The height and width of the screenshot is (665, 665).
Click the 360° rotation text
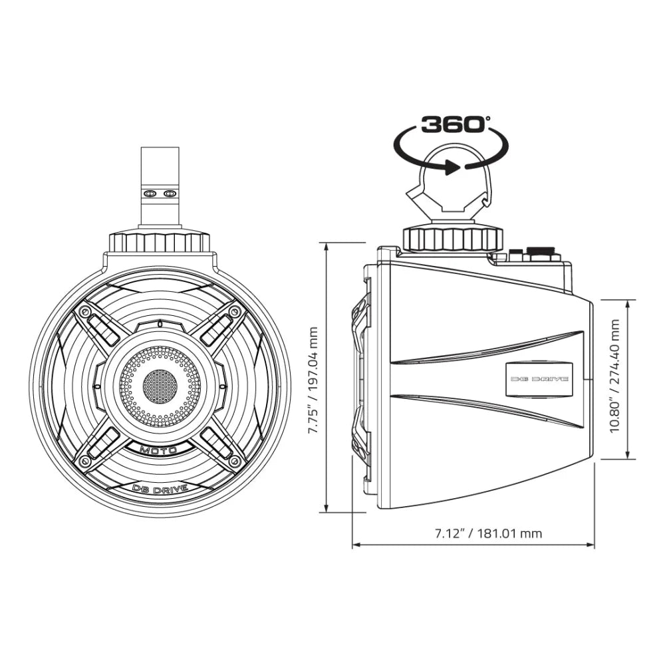[454, 124]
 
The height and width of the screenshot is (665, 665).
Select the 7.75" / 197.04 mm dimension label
[314, 378]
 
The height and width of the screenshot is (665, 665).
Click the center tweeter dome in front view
[160, 384]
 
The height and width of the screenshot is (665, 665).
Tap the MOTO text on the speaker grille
[158, 450]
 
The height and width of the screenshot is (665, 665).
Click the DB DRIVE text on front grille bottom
[160, 489]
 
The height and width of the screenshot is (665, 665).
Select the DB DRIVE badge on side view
[539, 378]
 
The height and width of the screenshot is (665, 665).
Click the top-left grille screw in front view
[84, 311]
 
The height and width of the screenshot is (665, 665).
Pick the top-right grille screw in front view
[234, 311]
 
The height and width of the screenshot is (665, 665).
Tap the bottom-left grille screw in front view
[84, 459]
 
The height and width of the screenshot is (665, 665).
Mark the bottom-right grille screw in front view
[234, 459]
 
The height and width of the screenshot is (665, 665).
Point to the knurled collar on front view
[160, 241]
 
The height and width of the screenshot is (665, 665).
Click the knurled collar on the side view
[452, 238]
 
